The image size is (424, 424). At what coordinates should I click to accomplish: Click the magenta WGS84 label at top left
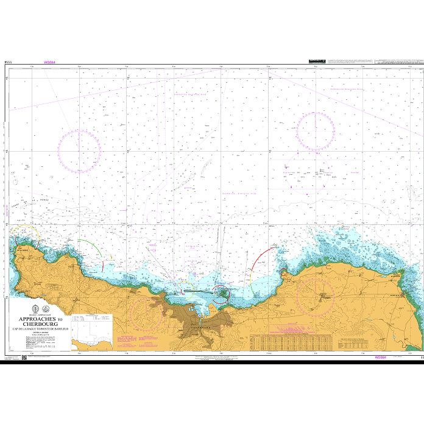coord(50,62)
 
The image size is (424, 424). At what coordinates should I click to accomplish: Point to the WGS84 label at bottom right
coord(381,358)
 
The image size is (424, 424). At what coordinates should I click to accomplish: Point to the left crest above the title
coord(32,308)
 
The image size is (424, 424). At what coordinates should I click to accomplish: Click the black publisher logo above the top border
coord(317,61)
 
